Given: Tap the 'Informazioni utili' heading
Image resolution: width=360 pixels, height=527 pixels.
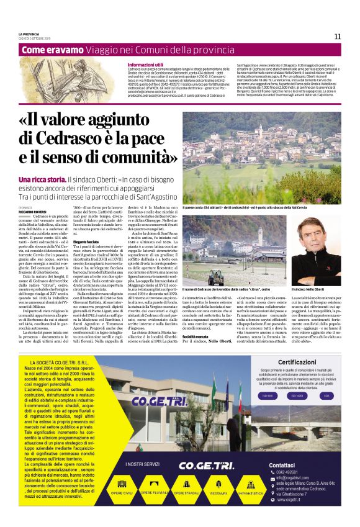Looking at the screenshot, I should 145,65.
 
